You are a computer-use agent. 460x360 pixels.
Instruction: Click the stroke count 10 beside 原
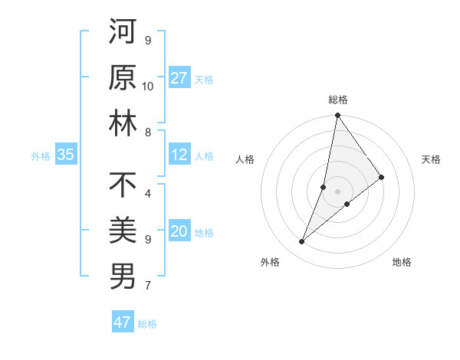point(148,86)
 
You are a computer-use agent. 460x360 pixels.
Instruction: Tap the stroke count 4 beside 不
point(148,193)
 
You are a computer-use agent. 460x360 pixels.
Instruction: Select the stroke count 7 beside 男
point(148,286)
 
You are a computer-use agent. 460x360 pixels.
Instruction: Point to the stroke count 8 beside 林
point(148,133)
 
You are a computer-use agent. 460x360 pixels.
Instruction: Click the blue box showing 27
point(179,78)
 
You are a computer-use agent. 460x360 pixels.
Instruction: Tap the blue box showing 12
point(179,155)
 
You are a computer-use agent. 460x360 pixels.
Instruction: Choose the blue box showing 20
point(179,232)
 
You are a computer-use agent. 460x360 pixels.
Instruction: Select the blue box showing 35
point(66,155)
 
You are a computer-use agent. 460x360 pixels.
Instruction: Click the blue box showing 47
point(123,322)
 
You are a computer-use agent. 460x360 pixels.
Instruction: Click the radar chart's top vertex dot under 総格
point(337,116)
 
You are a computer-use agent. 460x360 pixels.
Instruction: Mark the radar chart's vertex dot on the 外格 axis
point(302,242)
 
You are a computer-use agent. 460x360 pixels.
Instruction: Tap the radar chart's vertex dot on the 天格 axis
point(381,177)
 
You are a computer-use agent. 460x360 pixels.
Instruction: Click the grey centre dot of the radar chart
point(337,191)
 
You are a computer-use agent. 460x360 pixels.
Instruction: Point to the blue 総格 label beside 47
point(147,323)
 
